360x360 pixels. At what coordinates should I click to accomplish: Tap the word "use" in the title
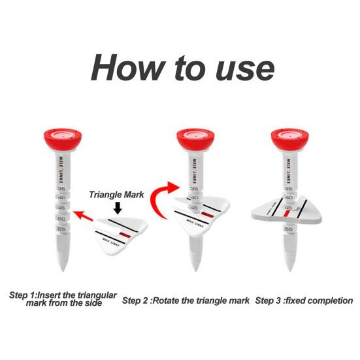coord(245,69)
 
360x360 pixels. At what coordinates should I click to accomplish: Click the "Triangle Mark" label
coord(116,195)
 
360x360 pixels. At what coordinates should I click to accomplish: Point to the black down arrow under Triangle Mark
coord(118,208)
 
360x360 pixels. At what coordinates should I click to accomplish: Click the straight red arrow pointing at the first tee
coord(83,216)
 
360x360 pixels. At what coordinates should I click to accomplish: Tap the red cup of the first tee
coord(63,139)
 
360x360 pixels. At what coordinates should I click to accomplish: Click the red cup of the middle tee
coord(195,139)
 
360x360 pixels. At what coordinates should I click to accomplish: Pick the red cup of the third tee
coord(290,139)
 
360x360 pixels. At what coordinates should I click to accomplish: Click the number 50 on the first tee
coord(61,219)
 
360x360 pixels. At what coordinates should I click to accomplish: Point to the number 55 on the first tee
coord(61,229)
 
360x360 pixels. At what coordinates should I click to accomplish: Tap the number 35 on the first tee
coord(61,189)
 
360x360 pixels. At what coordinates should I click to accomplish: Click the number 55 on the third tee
coord(289,229)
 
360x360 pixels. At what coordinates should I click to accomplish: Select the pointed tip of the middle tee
coord(195,270)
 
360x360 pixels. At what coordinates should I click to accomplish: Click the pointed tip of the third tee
coord(290,270)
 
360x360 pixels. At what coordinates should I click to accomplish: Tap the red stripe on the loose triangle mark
coord(125,235)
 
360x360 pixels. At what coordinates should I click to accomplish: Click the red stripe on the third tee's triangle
coord(286,214)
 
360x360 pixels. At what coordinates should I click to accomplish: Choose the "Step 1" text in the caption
coord(22,295)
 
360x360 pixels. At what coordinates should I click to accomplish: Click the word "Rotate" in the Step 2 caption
coord(166,301)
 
